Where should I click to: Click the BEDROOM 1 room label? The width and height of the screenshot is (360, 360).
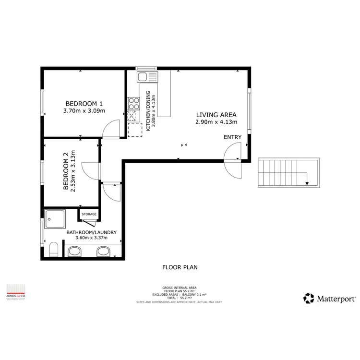[x=84, y=103]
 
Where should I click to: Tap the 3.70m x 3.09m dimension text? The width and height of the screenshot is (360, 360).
[x=84, y=111]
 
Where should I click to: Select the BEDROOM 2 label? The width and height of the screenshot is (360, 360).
[x=66, y=171]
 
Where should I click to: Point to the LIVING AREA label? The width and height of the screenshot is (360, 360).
[x=216, y=115]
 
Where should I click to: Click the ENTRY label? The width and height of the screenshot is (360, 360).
[x=232, y=137]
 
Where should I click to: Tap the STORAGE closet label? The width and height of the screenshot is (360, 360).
[x=89, y=214]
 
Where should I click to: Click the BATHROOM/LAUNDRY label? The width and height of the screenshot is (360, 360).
[x=91, y=233]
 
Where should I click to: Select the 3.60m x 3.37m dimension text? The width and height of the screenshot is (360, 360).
[x=91, y=240]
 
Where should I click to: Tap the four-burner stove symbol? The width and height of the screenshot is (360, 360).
[x=133, y=104]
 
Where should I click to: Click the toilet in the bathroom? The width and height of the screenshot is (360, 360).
[x=54, y=250]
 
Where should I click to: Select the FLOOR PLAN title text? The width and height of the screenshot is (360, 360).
[x=180, y=267]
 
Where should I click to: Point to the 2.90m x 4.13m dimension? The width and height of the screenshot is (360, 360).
[x=216, y=122]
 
